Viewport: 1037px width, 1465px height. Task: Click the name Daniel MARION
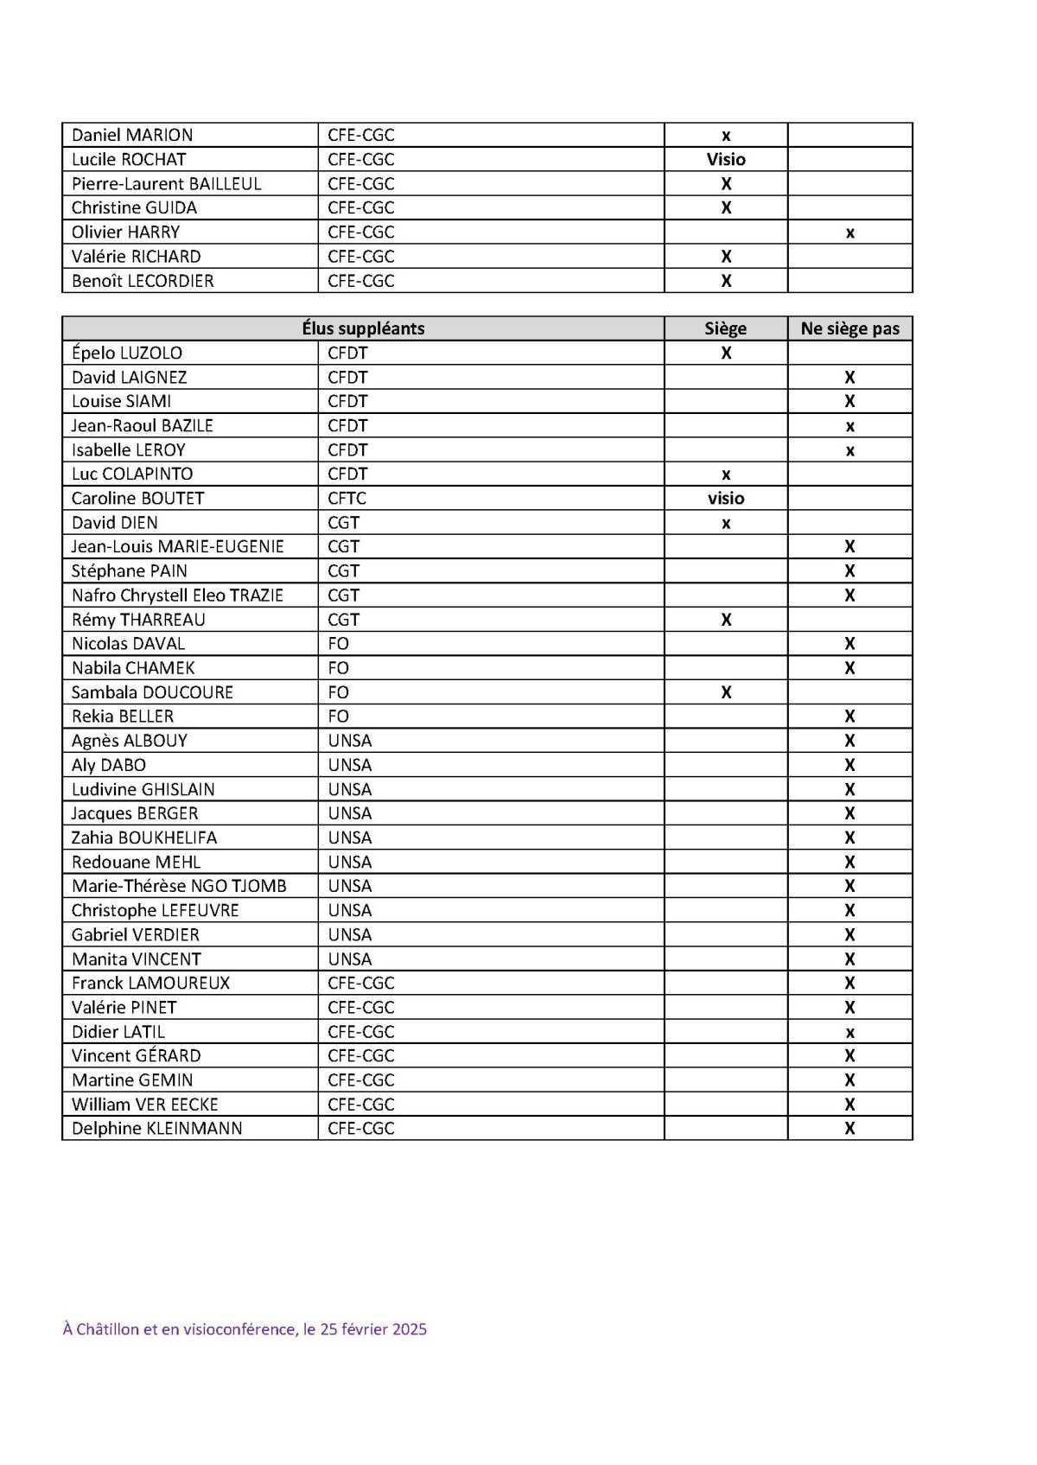(x=132, y=135)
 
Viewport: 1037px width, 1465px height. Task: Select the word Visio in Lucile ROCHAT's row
(x=725, y=159)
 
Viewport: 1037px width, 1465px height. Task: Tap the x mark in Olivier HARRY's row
(x=849, y=232)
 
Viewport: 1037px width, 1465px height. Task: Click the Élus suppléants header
(x=363, y=328)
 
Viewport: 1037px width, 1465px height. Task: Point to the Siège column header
(x=725, y=328)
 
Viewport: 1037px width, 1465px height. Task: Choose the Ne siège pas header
(x=849, y=328)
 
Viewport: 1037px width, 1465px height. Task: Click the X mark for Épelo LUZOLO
(x=725, y=353)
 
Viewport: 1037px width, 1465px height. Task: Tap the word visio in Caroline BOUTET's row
(x=725, y=499)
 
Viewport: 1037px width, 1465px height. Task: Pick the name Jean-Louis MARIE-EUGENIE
(x=177, y=547)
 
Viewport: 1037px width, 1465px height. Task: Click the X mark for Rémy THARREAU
(x=725, y=620)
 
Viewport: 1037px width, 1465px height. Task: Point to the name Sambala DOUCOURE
(x=152, y=692)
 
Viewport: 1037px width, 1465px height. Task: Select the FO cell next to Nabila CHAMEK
(x=338, y=668)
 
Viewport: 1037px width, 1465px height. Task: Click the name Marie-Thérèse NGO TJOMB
(x=179, y=886)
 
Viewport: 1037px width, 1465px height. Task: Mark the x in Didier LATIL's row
(x=849, y=1032)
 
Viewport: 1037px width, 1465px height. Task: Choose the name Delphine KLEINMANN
(x=156, y=1129)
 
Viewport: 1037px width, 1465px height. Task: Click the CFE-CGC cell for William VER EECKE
(x=360, y=1105)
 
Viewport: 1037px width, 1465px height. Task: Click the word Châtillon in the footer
(x=107, y=1329)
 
